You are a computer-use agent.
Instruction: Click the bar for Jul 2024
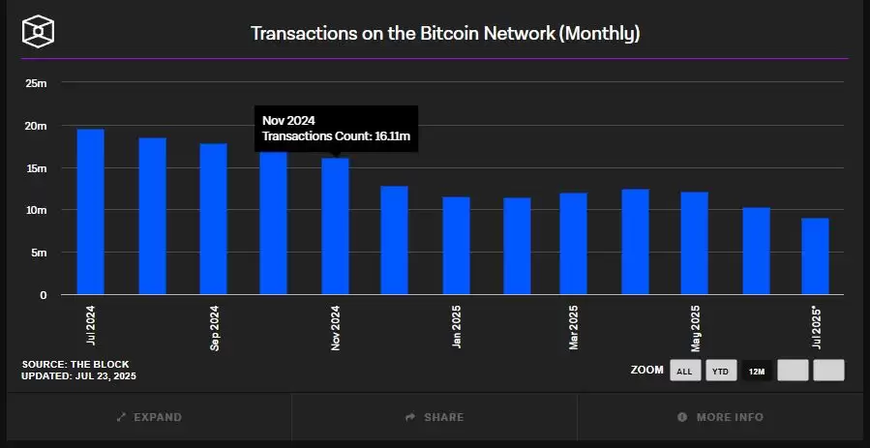(x=90, y=212)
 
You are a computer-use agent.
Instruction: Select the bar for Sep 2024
(x=213, y=219)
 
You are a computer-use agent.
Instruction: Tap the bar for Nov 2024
(x=335, y=226)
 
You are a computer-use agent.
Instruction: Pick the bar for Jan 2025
(x=456, y=246)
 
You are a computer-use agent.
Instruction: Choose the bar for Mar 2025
(x=573, y=244)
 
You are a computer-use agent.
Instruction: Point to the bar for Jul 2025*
(x=815, y=256)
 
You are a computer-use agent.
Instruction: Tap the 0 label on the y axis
(x=43, y=295)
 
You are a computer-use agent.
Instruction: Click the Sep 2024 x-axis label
(x=214, y=328)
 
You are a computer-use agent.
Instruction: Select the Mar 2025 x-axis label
(x=574, y=328)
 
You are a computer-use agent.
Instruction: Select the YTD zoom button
(x=720, y=371)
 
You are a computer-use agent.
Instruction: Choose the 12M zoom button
(x=756, y=371)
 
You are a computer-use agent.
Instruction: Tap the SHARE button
(x=435, y=417)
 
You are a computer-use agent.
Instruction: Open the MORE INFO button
(x=720, y=417)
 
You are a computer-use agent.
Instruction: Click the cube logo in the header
(x=38, y=31)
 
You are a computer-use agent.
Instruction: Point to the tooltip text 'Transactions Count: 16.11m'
(x=337, y=137)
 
